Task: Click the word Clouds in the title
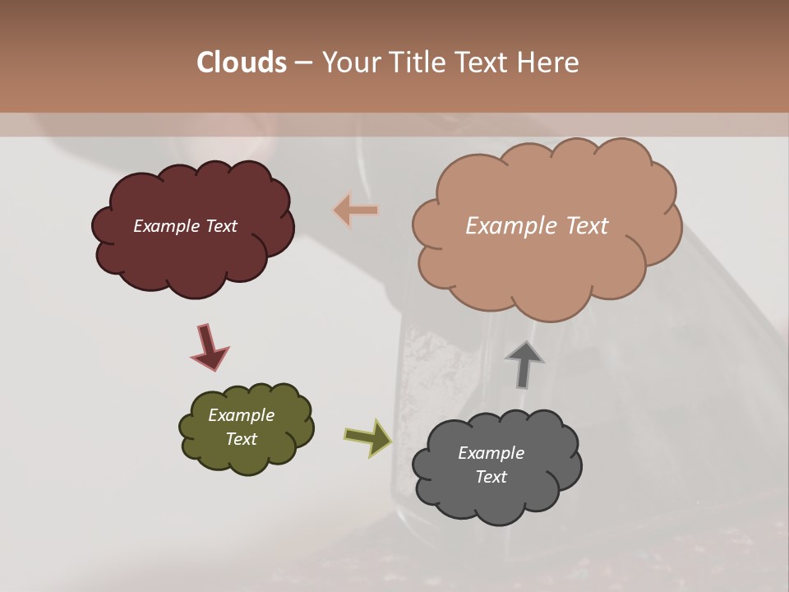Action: (242, 62)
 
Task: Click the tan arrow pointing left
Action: (356, 210)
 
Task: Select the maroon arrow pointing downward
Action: (209, 346)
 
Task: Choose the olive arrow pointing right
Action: (368, 437)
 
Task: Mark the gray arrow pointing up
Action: (524, 364)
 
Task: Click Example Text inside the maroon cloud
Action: (186, 226)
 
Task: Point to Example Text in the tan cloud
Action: (537, 226)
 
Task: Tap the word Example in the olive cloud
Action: (241, 415)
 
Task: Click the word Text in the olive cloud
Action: (241, 439)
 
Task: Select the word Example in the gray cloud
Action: (491, 453)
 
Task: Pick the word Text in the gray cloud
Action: (491, 477)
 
